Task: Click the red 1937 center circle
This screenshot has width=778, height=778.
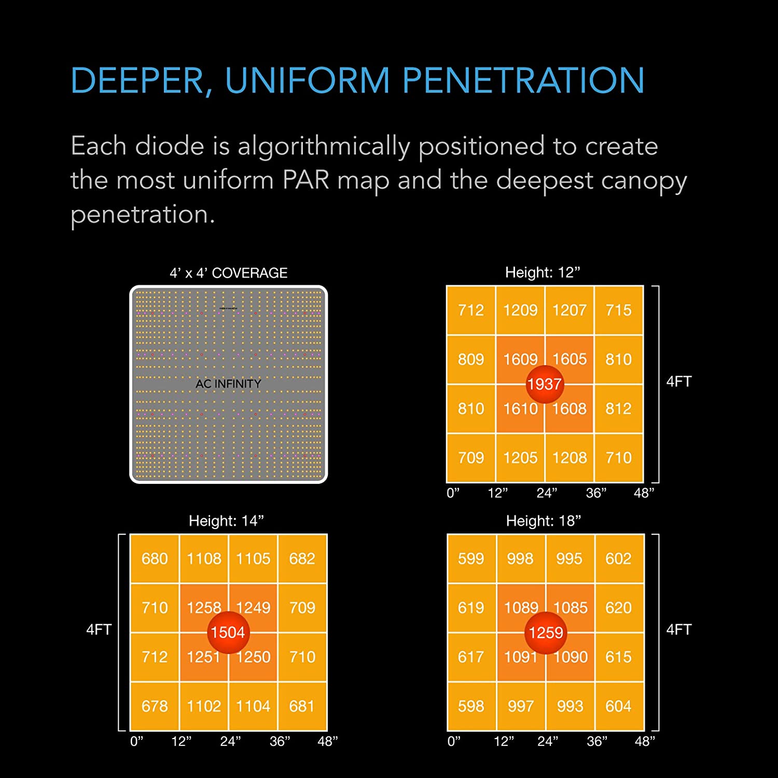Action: tap(545, 384)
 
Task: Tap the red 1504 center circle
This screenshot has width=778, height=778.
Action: tap(228, 632)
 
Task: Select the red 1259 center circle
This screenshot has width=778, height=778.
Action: tap(546, 632)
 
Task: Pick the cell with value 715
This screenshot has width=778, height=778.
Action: tap(619, 310)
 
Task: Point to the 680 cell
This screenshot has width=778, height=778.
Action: tap(155, 559)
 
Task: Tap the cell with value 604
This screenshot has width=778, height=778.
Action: tap(619, 706)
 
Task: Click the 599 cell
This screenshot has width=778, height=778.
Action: tap(471, 559)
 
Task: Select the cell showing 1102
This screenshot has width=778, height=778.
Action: tap(204, 706)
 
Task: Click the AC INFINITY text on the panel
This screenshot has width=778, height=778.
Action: tap(228, 384)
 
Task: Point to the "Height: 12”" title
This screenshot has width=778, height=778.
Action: tap(543, 272)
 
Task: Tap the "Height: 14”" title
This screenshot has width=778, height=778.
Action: tap(226, 521)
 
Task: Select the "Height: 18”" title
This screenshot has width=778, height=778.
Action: tap(544, 521)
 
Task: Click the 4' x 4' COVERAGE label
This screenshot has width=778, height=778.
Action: tap(228, 273)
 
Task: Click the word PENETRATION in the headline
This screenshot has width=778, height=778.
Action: tap(523, 81)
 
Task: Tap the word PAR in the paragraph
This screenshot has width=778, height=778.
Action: tap(306, 180)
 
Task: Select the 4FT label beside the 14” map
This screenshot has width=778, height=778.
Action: tap(99, 630)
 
